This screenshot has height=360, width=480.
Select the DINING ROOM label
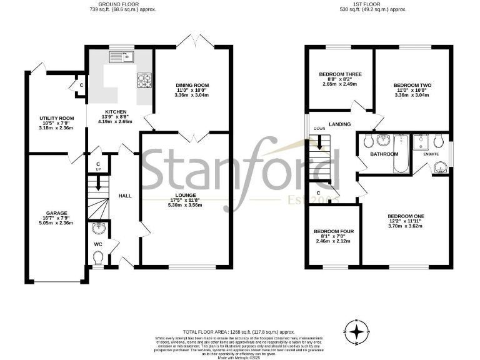point(192,85)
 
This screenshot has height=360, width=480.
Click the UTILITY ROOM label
point(56,118)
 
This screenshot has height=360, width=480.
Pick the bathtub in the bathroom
point(399,154)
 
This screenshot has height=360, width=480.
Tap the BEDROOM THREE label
point(340,74)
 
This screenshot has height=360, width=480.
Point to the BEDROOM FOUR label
point(334,231)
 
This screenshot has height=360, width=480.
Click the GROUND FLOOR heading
point(122,4)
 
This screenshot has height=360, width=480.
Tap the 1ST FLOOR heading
point(372,4)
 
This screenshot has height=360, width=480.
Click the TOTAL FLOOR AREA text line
point(237,332)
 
